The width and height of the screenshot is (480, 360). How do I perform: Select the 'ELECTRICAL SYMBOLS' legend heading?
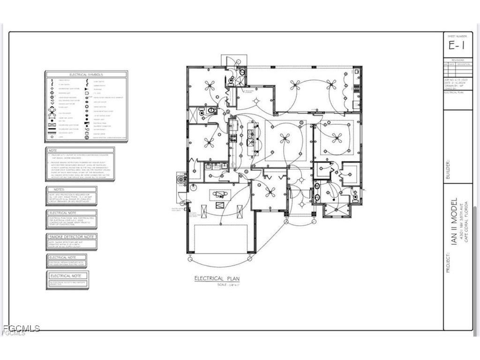pos(86,75)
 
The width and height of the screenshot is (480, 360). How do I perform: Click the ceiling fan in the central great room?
pos(285,137)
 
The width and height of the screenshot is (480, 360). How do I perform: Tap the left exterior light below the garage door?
pos(190,259)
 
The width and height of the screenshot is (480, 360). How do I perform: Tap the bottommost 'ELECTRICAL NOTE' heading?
pos(67,276)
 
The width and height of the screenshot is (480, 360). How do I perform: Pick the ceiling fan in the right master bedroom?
pos(337,137)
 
